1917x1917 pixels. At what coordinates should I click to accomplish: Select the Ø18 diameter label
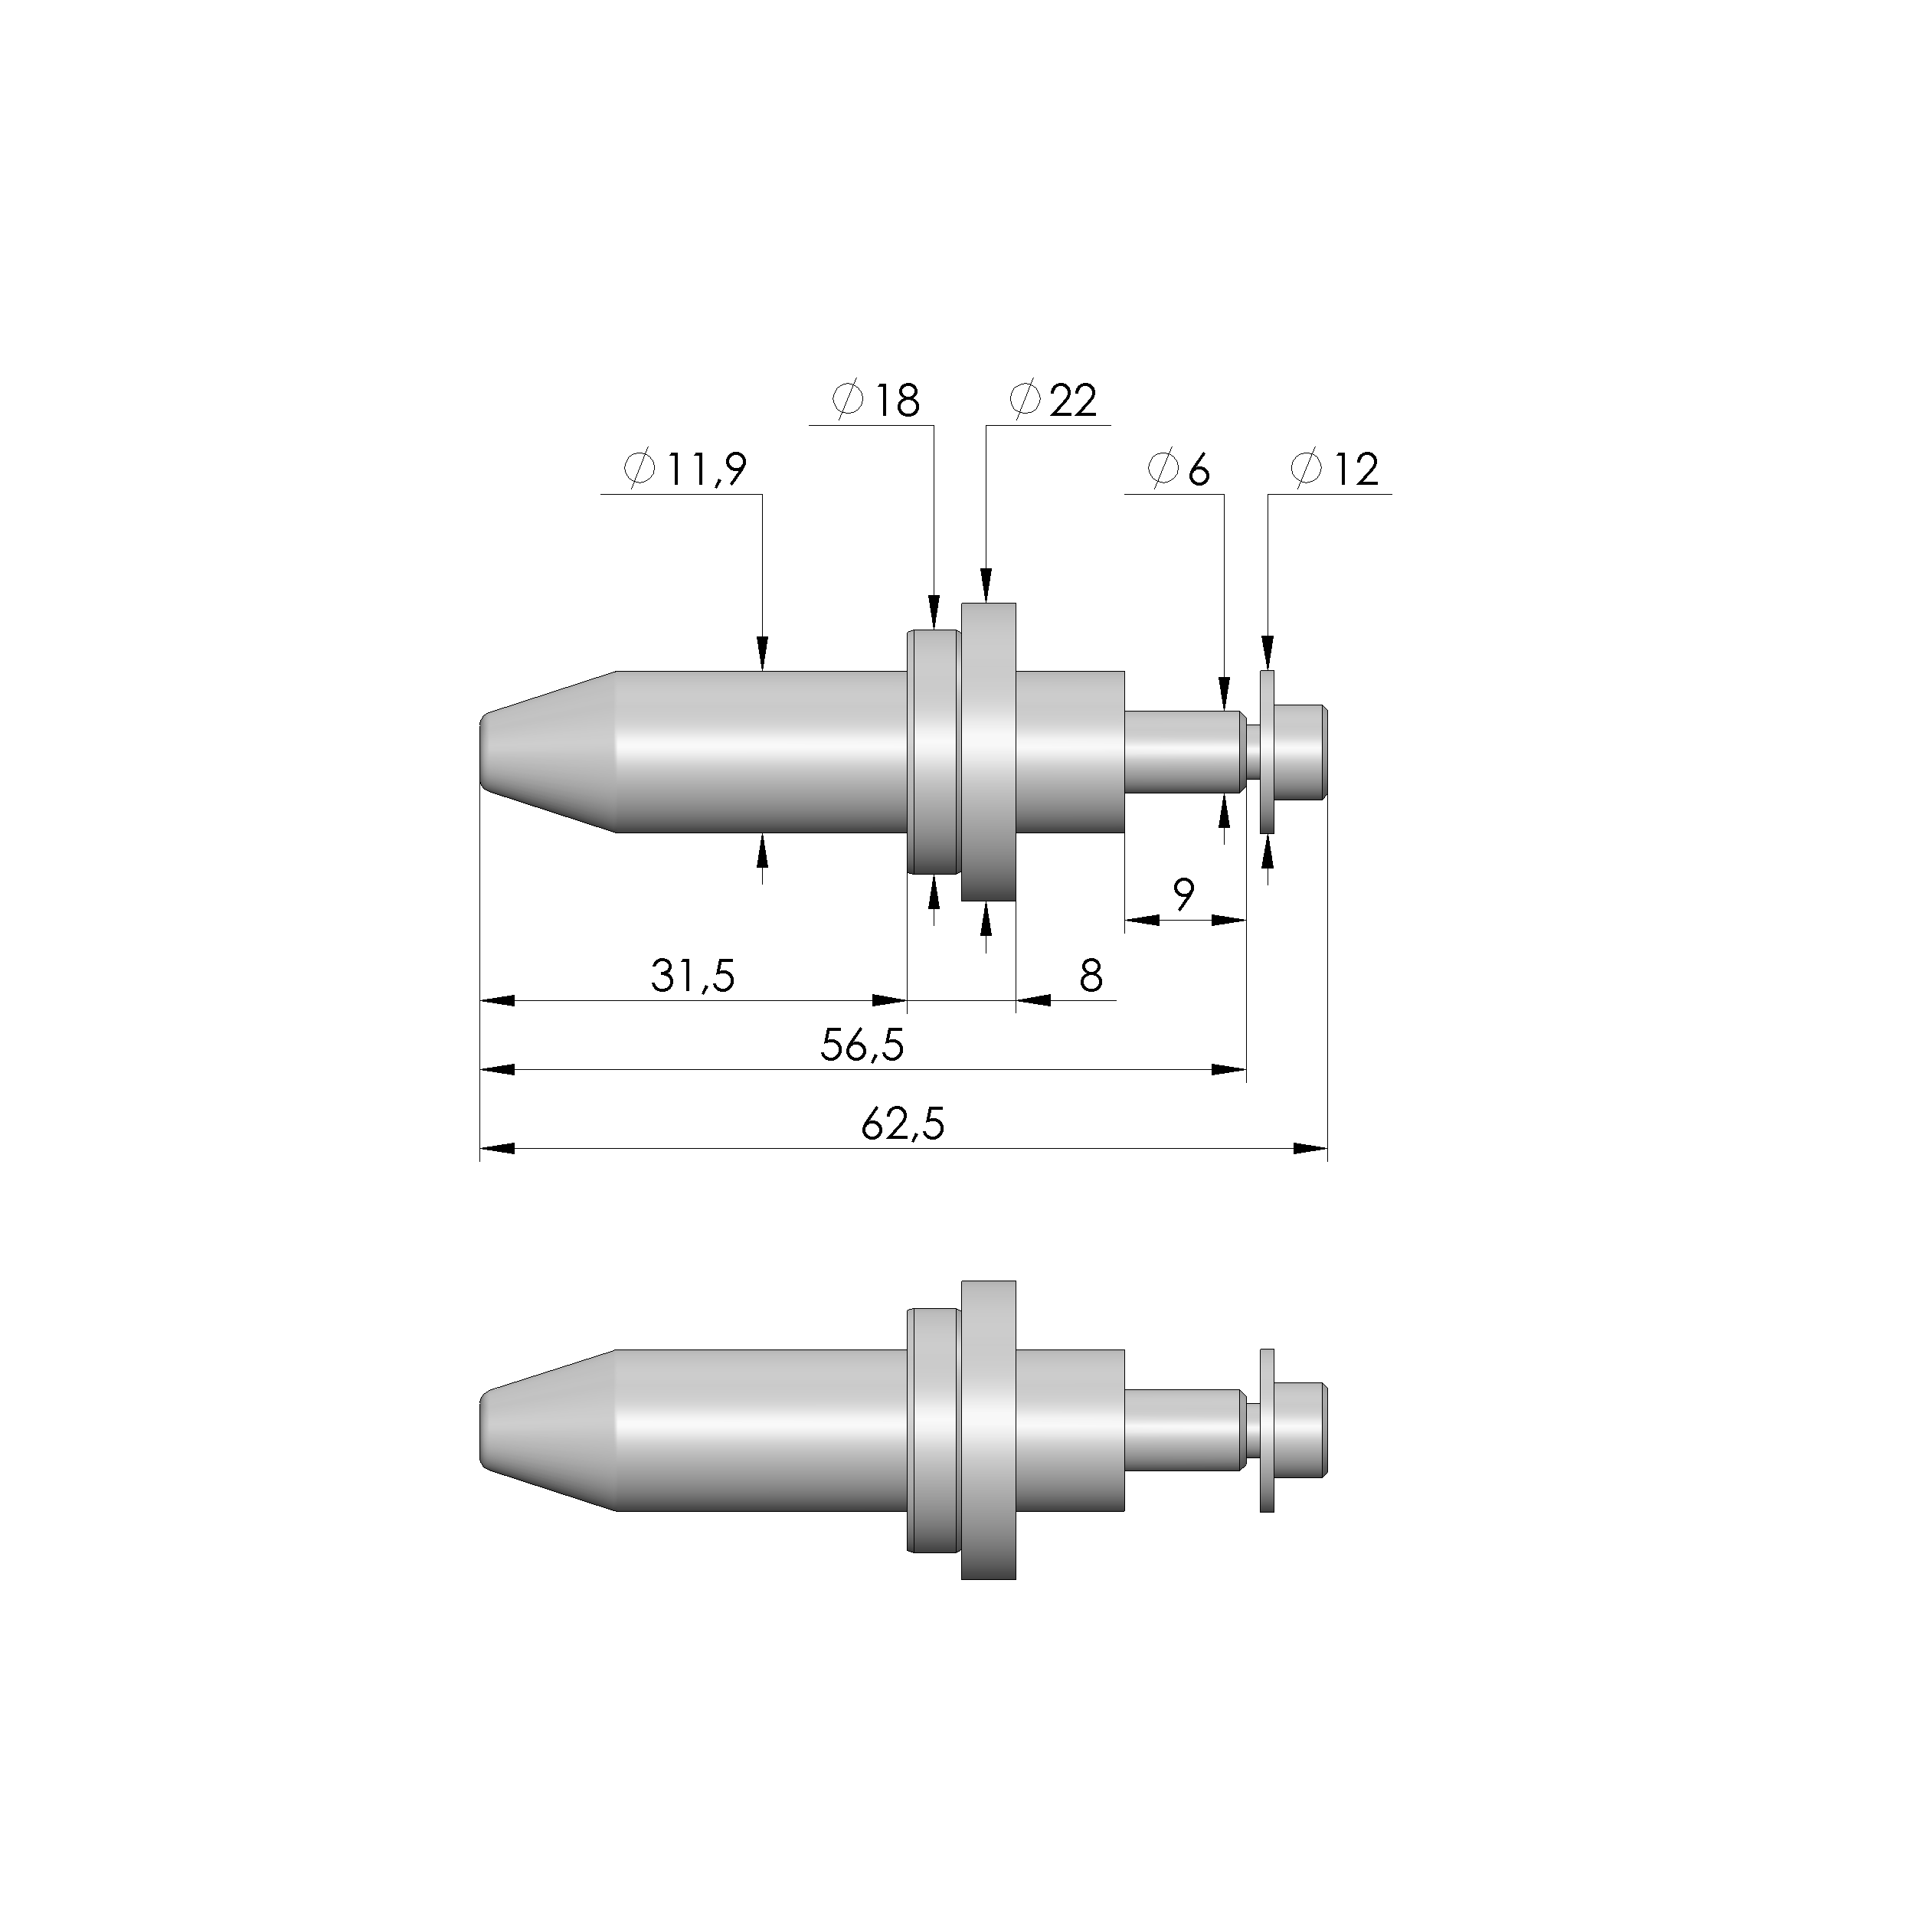[877, 400]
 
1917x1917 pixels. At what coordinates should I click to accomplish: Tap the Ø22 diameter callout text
[1054, 400]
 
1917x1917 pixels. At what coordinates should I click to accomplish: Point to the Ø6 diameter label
[1179, 469]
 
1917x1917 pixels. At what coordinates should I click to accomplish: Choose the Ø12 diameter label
[1336, 469]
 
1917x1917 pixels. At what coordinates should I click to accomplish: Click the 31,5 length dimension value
[692, 976]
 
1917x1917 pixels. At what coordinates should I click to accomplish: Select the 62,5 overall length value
[903, 1125]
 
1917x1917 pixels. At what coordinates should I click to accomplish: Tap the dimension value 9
[1184, 896]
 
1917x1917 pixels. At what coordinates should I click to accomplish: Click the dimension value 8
[1091, 976]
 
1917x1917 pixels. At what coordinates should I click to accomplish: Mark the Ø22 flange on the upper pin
[988, 752]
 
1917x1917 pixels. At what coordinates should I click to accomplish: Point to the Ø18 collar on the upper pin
[934, 752]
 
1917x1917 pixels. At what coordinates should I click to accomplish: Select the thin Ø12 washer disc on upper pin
[1267, 752]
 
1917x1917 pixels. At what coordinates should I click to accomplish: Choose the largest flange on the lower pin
[988, 1430]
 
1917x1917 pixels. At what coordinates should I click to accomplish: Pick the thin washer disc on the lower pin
[1267, 1430]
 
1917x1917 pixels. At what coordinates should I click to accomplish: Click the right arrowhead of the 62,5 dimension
[1315, 1149]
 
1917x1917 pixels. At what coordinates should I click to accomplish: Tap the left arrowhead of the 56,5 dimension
[494, 1070]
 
